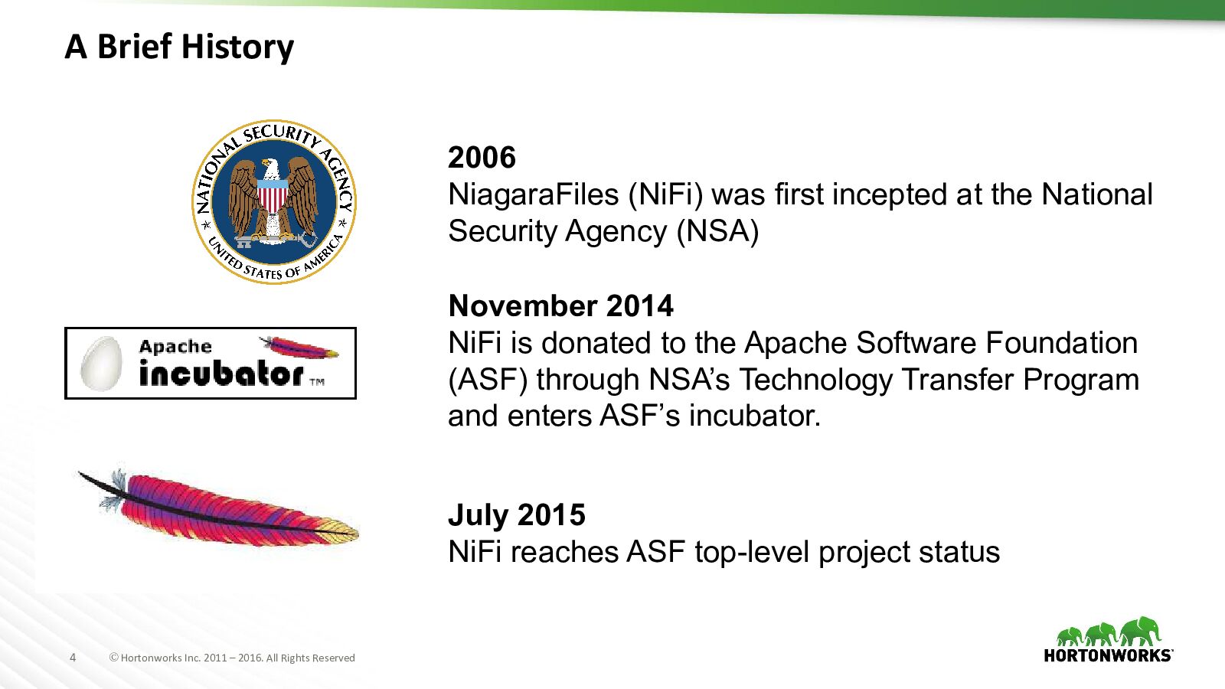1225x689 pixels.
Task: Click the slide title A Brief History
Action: pyautogui.click(x=179, y=47)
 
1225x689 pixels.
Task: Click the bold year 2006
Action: pyautogui.click(x=482, y=158)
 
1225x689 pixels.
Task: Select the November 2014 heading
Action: pyautogui.click(x=560, y=305)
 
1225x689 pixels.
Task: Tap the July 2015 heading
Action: pyautogui.click(x=517, y=515)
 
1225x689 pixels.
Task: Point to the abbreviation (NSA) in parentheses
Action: pyautogui.click(x=717, y=231)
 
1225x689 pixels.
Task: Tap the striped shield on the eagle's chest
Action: pyautogui.click(x=273, y=195)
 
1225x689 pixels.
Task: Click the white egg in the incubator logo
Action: pyautogui.click(x=102, y=363)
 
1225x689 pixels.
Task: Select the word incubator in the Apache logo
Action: pyautogui.click(x=221, y=374)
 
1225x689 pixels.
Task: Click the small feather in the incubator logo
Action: pyautogui.click(x=299, y=348)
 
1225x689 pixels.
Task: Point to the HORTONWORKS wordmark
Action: pyautogui.click(x=1108, y=655)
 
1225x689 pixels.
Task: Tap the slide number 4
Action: pyautogui.click(x=73, y=658)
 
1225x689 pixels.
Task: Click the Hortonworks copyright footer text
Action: pyautogui.click(x=232, y=658)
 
